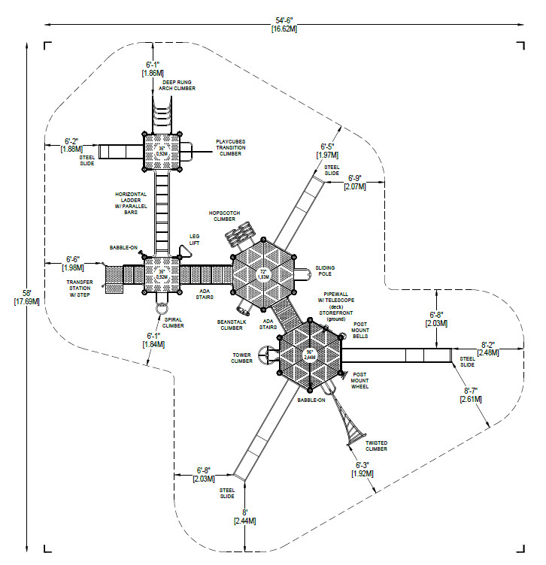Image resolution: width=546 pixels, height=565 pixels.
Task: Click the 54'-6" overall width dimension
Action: pos(283,23)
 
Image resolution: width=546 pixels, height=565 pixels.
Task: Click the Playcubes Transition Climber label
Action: pos(231,147)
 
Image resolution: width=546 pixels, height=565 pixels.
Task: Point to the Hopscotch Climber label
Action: pos(226,216)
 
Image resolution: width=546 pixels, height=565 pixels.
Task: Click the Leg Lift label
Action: pos(194,239)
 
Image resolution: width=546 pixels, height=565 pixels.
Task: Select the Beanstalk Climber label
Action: pos(231,324)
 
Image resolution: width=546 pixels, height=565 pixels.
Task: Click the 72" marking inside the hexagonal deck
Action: pos(262,273)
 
